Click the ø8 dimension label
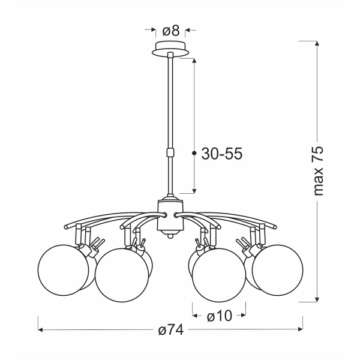[x=173, y=29]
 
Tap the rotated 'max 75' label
[x=319, y=170]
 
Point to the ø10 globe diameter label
[x=219, y=314]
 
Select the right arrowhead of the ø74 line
[x=299, y=329]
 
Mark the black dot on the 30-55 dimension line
[x=194, y=154]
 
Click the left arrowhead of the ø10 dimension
[x=195, y=314]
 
